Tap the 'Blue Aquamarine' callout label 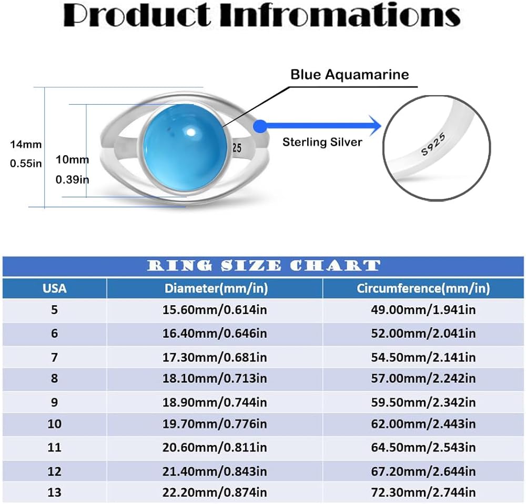point(349,75)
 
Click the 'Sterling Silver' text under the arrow point(322,142)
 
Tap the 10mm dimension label point(72,159)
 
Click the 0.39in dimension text point(72,179)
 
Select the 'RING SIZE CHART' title point(263,266)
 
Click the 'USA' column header point(55,288)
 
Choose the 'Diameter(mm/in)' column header point(215,288)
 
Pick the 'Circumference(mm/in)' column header point(423,288)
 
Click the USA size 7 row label point(55,358)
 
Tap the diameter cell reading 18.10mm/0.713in point(215,378)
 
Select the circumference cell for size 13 point(423,492)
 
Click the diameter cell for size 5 point(215,309)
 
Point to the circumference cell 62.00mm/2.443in point(423,424)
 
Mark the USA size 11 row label point(55,447)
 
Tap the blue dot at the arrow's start point(259,126)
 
